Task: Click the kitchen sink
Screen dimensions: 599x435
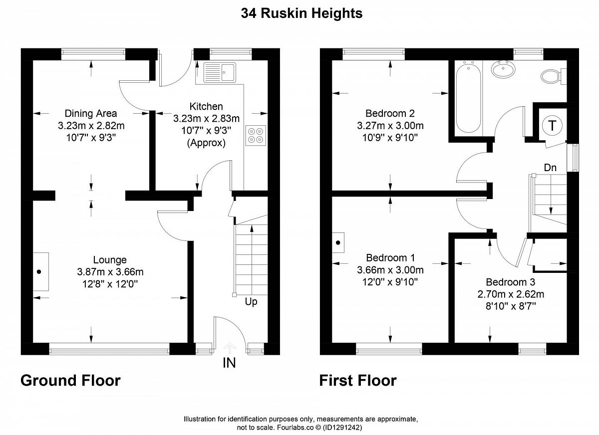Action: [x=220, y=72]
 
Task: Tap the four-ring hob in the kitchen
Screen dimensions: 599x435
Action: [x=256, y=136]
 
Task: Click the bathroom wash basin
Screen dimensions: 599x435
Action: [x=503, y=69]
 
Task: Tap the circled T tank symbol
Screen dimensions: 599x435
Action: [x=552, y=125]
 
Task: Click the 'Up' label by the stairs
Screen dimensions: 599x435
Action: [x=251, y=302]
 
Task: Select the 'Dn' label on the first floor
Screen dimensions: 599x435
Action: [x=550, y=168]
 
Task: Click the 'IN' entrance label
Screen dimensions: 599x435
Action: [x=229, y=363]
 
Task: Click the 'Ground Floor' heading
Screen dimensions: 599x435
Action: [x=70, y=381]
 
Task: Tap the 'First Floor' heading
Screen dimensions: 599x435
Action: [x=358, y=381]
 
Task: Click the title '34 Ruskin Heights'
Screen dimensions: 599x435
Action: [x=301, y=13]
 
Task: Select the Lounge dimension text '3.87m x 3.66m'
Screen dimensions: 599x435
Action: [x=110, y=272]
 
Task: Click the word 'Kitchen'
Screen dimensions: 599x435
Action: [x=206, y=106]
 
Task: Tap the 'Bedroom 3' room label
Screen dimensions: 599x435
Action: [x=511, y=282]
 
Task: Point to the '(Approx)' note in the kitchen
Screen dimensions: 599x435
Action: [x=206, y=143]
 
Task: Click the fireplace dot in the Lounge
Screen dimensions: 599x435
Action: [x=39, y=272]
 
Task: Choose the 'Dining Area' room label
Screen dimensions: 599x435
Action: [x=91, y=114]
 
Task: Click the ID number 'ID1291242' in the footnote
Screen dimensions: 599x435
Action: [x=342, y=428]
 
